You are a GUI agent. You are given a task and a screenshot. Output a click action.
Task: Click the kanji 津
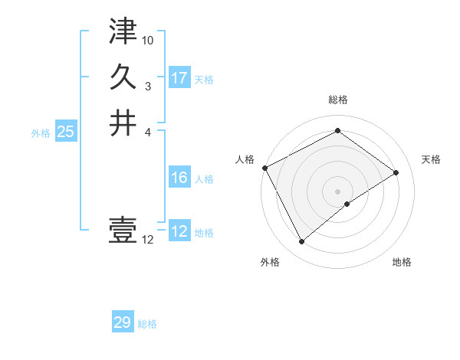tap(123, 32)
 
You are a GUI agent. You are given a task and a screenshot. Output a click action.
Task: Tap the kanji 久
tap(123, 77)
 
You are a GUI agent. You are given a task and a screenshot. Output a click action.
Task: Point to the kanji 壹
tap(123, 230)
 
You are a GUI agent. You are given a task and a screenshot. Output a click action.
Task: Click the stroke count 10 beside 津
tap(148, 40)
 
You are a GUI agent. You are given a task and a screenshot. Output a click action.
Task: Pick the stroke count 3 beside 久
tap(148, 85)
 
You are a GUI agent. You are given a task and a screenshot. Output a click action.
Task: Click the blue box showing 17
tap(179, 78)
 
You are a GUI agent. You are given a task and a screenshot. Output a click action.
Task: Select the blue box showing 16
tap(179, 178)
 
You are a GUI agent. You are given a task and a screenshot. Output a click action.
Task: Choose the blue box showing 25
tap(66, 132)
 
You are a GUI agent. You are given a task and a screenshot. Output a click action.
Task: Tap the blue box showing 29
tap(123, 322)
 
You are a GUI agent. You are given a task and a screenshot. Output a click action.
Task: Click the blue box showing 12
tap(179, 231)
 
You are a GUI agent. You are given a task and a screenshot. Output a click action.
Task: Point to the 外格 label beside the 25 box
tap(41, 133)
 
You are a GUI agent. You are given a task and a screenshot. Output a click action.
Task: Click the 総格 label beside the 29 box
tap(148, 324)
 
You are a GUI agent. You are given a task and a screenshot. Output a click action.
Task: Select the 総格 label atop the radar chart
tap(337, 100)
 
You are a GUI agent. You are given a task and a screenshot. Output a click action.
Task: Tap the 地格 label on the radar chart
tap(402, 262)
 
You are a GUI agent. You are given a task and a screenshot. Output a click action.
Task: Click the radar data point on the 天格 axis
tap(396, 172)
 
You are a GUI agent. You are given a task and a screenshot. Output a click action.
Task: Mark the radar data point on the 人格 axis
tap(264, 168)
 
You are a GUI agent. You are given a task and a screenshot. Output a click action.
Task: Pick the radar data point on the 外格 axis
tap(302, 241)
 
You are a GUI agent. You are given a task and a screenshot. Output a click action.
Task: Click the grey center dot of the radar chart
tap(337, 191)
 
